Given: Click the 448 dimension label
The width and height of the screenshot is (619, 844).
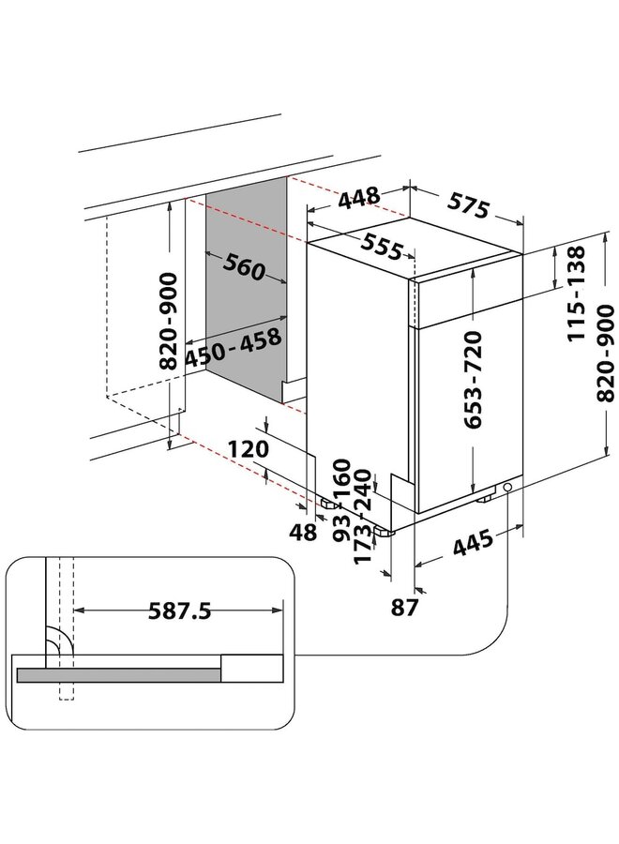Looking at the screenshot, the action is point(359,198).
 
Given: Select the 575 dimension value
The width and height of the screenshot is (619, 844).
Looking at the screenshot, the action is point(469,204).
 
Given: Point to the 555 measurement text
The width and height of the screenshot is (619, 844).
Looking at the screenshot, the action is point(381,247).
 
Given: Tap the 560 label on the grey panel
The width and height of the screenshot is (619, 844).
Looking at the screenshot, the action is point(244,267).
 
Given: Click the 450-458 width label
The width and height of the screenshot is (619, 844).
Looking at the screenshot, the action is point(234,348).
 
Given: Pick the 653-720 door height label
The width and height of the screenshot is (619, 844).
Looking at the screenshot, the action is point(473,380).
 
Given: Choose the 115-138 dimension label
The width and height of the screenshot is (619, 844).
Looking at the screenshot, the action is point(576,294).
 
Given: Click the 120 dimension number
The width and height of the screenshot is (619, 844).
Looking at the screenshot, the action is point(248,448).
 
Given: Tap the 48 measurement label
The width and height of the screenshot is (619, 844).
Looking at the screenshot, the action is point(303,532).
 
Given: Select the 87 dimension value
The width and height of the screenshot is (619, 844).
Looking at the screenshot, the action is point(404,607).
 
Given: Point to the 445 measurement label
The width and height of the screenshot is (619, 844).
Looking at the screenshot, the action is point(473,543).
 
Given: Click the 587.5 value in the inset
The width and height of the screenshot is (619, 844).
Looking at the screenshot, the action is point(179,611).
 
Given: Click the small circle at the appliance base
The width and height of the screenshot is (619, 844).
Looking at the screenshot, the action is point(507,487).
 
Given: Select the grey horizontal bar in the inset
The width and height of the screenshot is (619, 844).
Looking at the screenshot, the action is point(119,675).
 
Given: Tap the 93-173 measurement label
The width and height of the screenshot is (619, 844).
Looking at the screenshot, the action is point(353,535).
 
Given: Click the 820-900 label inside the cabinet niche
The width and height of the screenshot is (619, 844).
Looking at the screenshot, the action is point(169,321).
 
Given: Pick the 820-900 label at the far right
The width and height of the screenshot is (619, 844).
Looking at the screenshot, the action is point(605,354).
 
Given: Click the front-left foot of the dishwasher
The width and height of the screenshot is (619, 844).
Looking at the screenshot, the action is point(384,532).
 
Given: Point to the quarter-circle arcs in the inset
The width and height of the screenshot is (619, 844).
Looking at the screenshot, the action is point(58,639).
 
